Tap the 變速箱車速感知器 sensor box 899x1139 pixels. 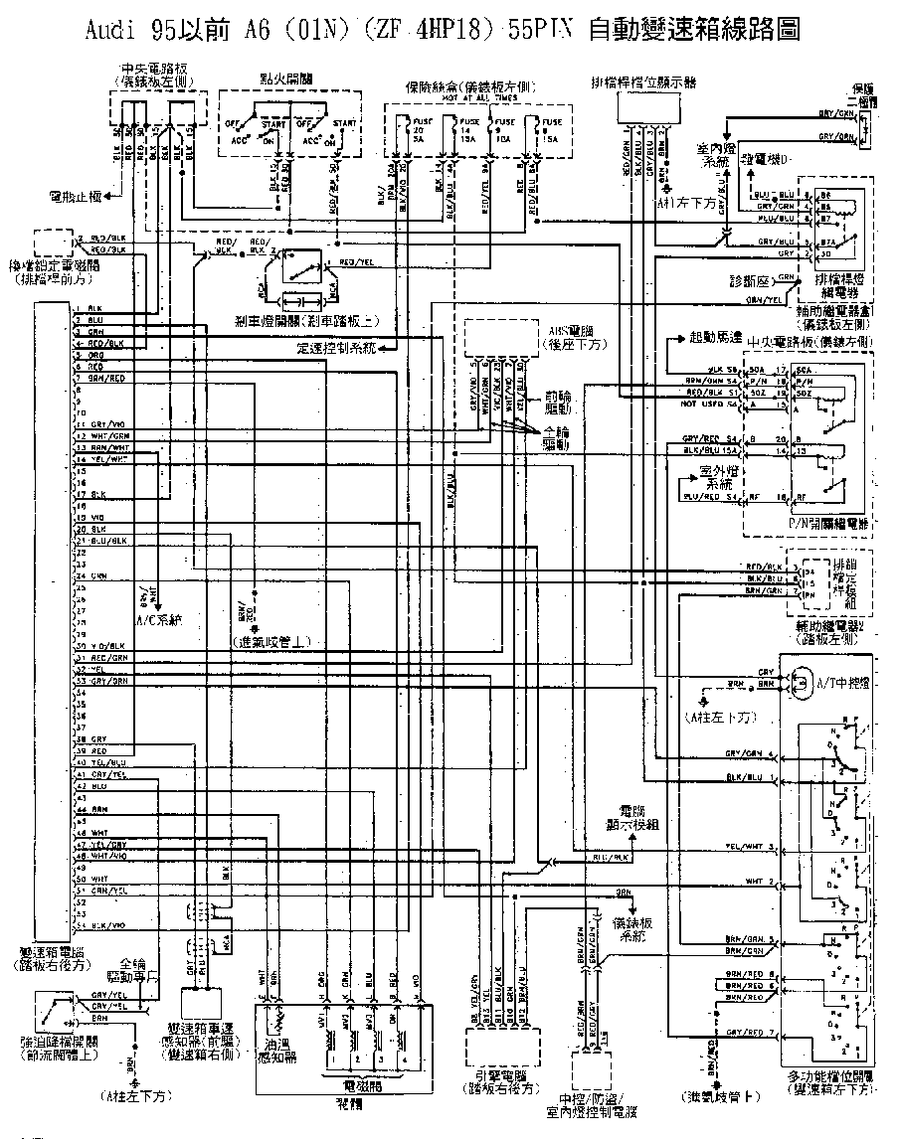point(206,1006)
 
